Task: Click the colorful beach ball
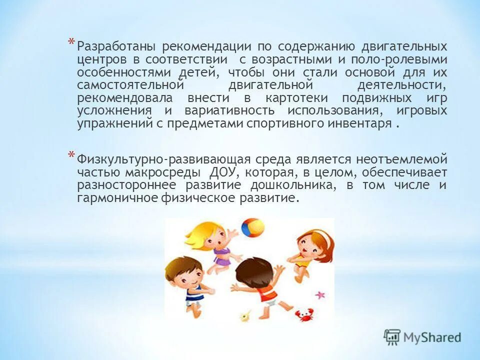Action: click(252, 228)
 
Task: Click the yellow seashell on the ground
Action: click(245, 315)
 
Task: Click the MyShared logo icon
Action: click(392, 337)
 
